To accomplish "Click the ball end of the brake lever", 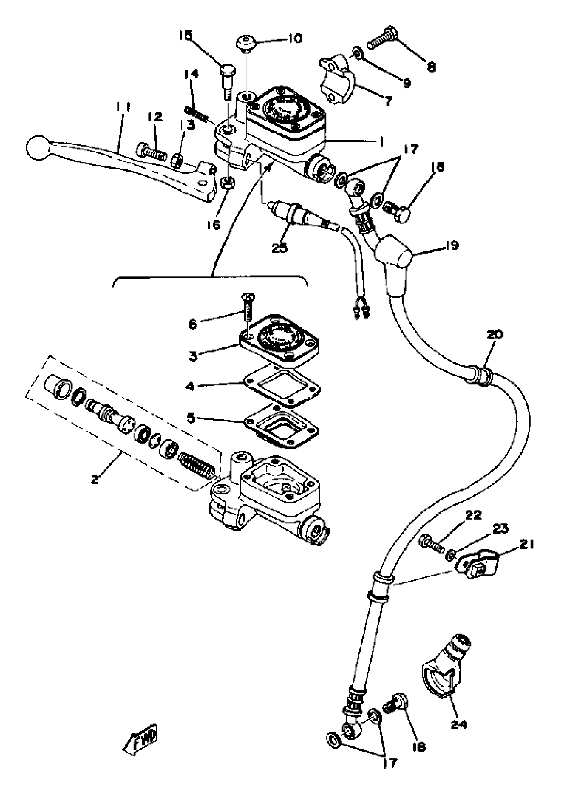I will pyautogui.click(x=38, y=148).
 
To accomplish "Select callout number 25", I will pyautogui.click(x=280, y=248).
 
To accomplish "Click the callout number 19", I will pyautogui.click(x=452, y=245).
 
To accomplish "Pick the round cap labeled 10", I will pyautogui.click(x=246, y=44).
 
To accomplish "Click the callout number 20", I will pyautogui.click(x=495, y=335).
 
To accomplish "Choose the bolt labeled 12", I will pyautogui.click(x=151, y=152).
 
